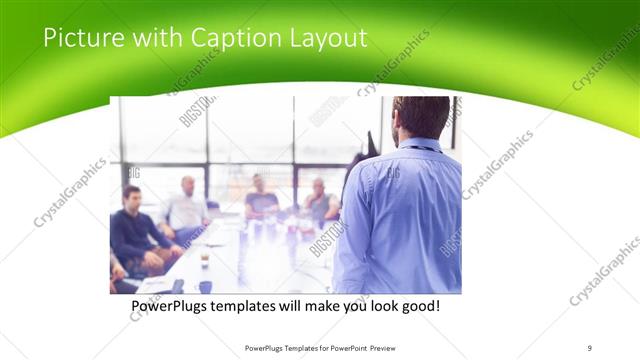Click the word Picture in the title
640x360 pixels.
pos(80,39)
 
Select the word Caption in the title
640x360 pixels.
pos(229,39)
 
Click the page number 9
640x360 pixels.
pos(590,348)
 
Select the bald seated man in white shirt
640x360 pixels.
pos(187,205)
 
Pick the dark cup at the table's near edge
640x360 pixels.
pos(205,287)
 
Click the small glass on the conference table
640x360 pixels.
pos(204,258)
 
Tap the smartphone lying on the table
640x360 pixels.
pos(177,286)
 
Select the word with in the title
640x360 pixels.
pos(151,39)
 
